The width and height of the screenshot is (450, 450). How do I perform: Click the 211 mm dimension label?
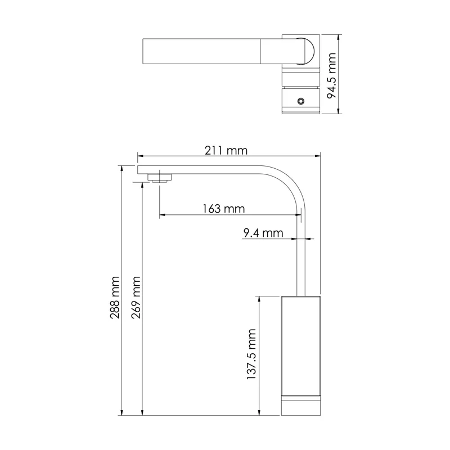[x=227, y=151]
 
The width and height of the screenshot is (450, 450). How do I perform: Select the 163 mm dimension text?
[x=224, y=209]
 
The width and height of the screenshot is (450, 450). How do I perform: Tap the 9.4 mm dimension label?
[x=263, y=232]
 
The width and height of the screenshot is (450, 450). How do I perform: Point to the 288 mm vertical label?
[x=115, y=298]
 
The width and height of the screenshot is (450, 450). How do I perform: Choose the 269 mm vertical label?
[x=136, y=298]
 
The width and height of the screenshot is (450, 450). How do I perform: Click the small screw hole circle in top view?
[x=301, y=101]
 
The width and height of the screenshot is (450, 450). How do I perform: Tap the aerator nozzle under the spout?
[x=160, y=178]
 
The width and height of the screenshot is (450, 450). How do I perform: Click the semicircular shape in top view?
[x=307, y=52]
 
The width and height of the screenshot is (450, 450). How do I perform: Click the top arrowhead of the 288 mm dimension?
[x=122, y=168]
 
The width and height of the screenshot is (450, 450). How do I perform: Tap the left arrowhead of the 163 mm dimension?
[x=162, y=214]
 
